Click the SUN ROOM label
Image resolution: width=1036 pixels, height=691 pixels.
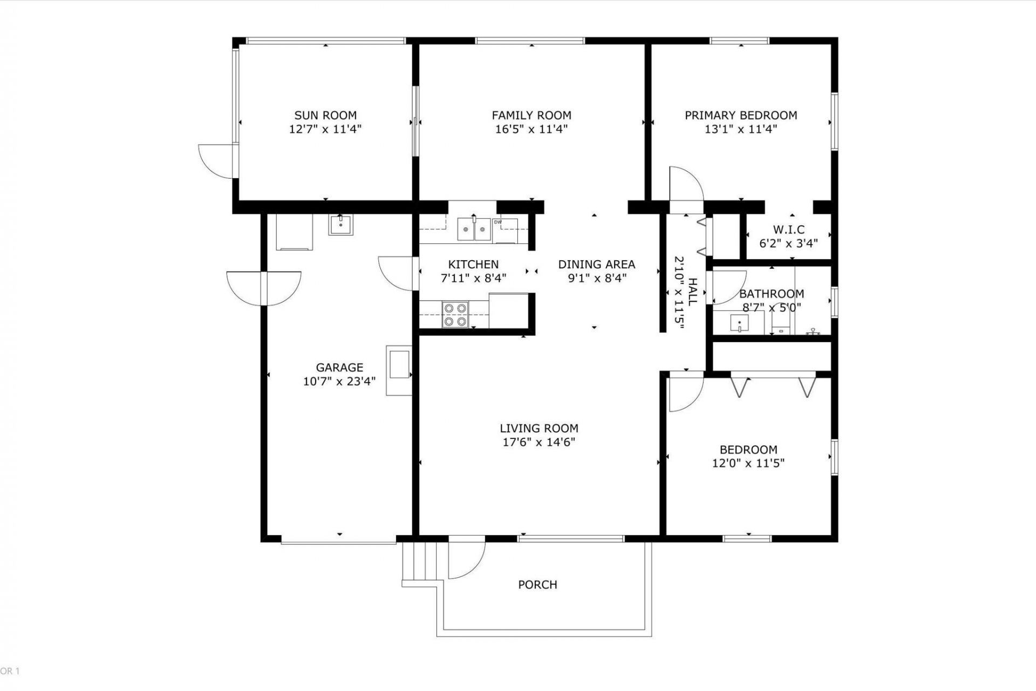[x=325, y=115]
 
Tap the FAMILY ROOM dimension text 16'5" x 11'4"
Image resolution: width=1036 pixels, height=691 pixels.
[x=531, y=130]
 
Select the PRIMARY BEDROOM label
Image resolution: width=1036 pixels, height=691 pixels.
[x=740, y=115]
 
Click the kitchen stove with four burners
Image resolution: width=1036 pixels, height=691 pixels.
[x=454, y=315]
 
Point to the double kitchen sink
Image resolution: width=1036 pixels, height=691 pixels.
[x=474, y=229]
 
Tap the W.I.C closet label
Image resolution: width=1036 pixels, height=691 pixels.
[x=788, y=230]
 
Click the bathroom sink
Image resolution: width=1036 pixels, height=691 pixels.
[x=739, y=323]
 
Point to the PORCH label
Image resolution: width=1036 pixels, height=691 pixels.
[x=537, y=585]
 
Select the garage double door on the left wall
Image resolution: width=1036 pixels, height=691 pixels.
[x=264, y=288]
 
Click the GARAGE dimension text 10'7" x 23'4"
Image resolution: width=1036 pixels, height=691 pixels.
[x=339, y=382]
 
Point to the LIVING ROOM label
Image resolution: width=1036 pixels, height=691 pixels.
[x=539, y=428]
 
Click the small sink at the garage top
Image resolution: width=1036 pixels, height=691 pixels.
[x=340, y=225]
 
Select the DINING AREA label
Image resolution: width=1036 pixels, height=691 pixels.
[x=596, y=264]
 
